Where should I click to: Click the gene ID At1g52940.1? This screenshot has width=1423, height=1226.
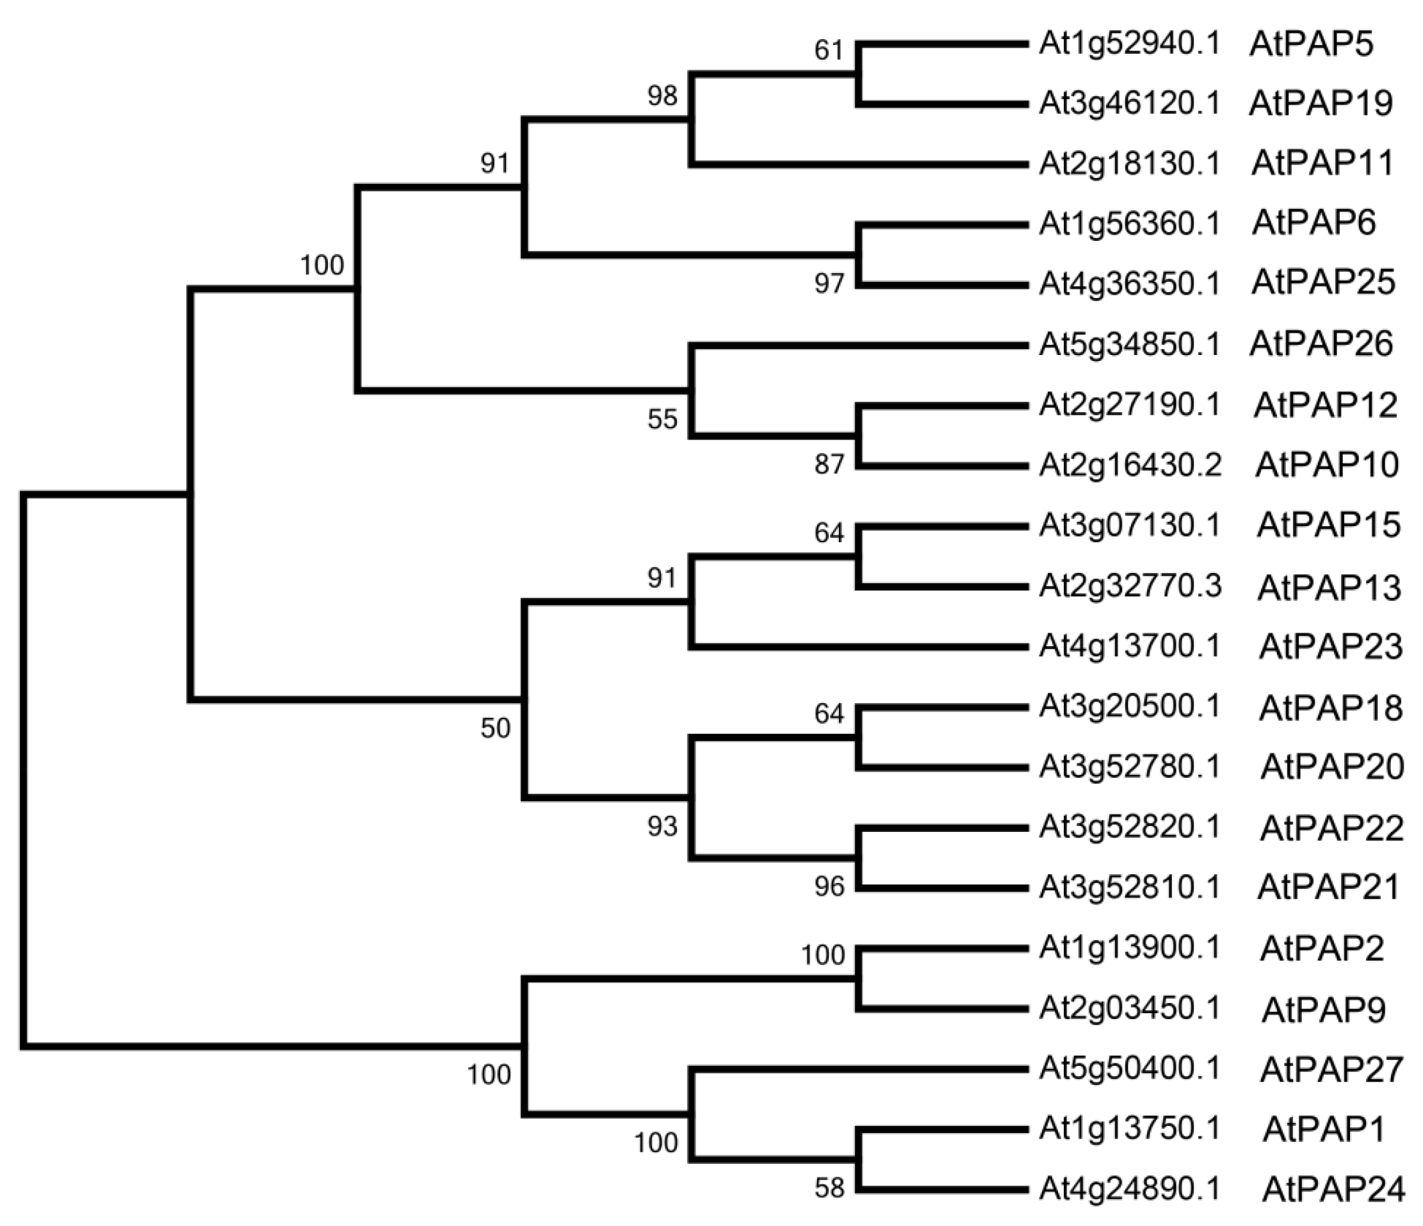pos(1130,44)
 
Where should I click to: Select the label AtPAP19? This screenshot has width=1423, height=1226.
pos(1321,104)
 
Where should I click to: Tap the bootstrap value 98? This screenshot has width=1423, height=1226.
pos(662,96)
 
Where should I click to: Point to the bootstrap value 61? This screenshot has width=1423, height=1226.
pos(829,50)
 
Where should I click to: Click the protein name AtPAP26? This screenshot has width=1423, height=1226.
pos(1321,344)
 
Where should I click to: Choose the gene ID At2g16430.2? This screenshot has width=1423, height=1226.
pos(1130,465)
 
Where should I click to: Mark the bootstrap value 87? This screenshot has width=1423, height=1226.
pos(829,465)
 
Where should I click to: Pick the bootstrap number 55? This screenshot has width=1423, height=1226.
pos(662,419)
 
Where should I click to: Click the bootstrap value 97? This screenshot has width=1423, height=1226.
pos(829,283)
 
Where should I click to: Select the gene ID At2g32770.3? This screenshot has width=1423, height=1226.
pos(1130,586)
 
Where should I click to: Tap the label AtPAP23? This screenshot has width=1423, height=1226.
pos(1330,647)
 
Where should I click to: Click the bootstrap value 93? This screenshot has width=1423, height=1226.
pos(662,827)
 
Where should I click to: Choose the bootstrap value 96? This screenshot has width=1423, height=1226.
pos(829,887)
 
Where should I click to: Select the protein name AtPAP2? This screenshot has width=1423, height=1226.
pos(1321,949)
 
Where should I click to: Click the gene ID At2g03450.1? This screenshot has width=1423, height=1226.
pos(1130,1009)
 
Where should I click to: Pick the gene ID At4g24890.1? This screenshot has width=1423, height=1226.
pos(1130,1189)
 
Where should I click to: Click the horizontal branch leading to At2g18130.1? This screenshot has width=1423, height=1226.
pos(858,164)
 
